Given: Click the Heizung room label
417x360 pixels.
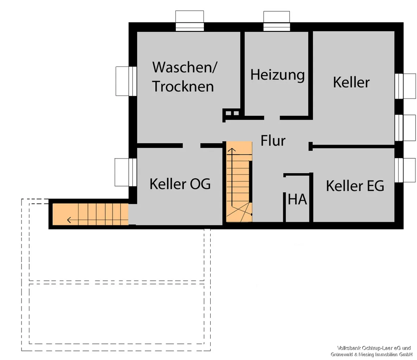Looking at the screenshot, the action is tap(277, 75).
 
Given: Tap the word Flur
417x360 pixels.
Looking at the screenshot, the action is tap(273, 140).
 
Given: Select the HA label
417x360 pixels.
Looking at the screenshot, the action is tap(297, 199).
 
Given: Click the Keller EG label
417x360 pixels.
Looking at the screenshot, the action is tap(355, 186).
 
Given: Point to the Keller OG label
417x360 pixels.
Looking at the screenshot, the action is tap(180, 184).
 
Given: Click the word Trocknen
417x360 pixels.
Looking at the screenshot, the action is tap(183, 86).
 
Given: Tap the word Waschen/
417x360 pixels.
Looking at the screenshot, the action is tap(185, 67).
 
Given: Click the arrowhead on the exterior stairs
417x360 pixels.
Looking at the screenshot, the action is tap(69, 220).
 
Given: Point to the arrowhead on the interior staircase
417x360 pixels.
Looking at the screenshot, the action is tap(232, 150).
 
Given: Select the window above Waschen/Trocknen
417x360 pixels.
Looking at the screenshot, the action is tap(190, 21).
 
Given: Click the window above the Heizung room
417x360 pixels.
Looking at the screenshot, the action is tap(277, 21).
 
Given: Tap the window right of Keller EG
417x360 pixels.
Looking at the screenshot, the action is tap(405, 170).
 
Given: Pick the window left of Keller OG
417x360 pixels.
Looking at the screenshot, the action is tap(126, 172).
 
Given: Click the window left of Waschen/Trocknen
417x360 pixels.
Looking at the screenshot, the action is tap(126, 81).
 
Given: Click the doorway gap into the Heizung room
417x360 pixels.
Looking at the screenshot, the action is tap(272, 118).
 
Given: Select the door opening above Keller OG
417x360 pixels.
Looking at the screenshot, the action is tap(192, 146).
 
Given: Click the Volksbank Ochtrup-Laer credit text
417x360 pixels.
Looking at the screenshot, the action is tap(372, 351).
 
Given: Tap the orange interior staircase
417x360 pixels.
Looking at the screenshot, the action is tap(239, 182).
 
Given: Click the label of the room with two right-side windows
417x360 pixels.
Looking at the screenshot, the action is tap(351, 82).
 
